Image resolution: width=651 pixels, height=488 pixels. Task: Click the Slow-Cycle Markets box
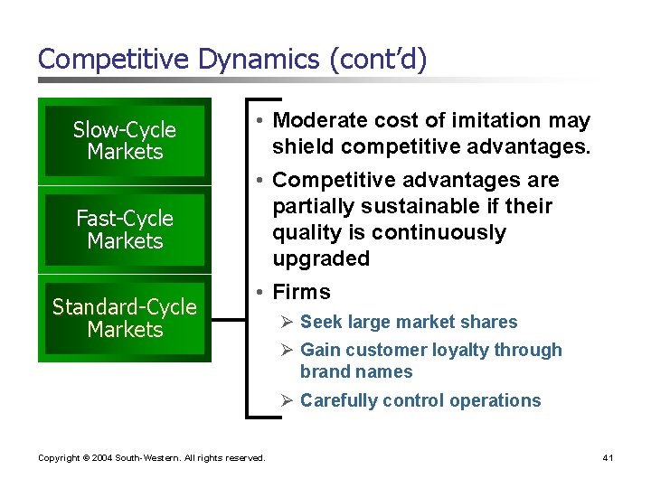click(125, 141)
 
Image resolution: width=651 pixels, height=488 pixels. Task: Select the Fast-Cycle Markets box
click(125, 230)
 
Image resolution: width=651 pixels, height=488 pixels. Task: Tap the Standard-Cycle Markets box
click(125, 318)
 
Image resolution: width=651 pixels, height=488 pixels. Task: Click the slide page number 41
click(608, 458)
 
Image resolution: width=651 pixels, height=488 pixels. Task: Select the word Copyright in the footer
click(57, 458)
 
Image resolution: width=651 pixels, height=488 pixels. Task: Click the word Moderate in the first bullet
click(316, 120)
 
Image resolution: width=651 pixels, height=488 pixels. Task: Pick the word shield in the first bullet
click(300, 146)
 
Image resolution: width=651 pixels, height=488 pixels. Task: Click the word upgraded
click(321, 259)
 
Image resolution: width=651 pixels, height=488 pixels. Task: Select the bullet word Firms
click(302, 292)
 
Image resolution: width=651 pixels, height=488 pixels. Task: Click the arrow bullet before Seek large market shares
click(287, 323)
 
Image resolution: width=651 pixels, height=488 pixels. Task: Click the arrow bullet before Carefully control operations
click(287, 401)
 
